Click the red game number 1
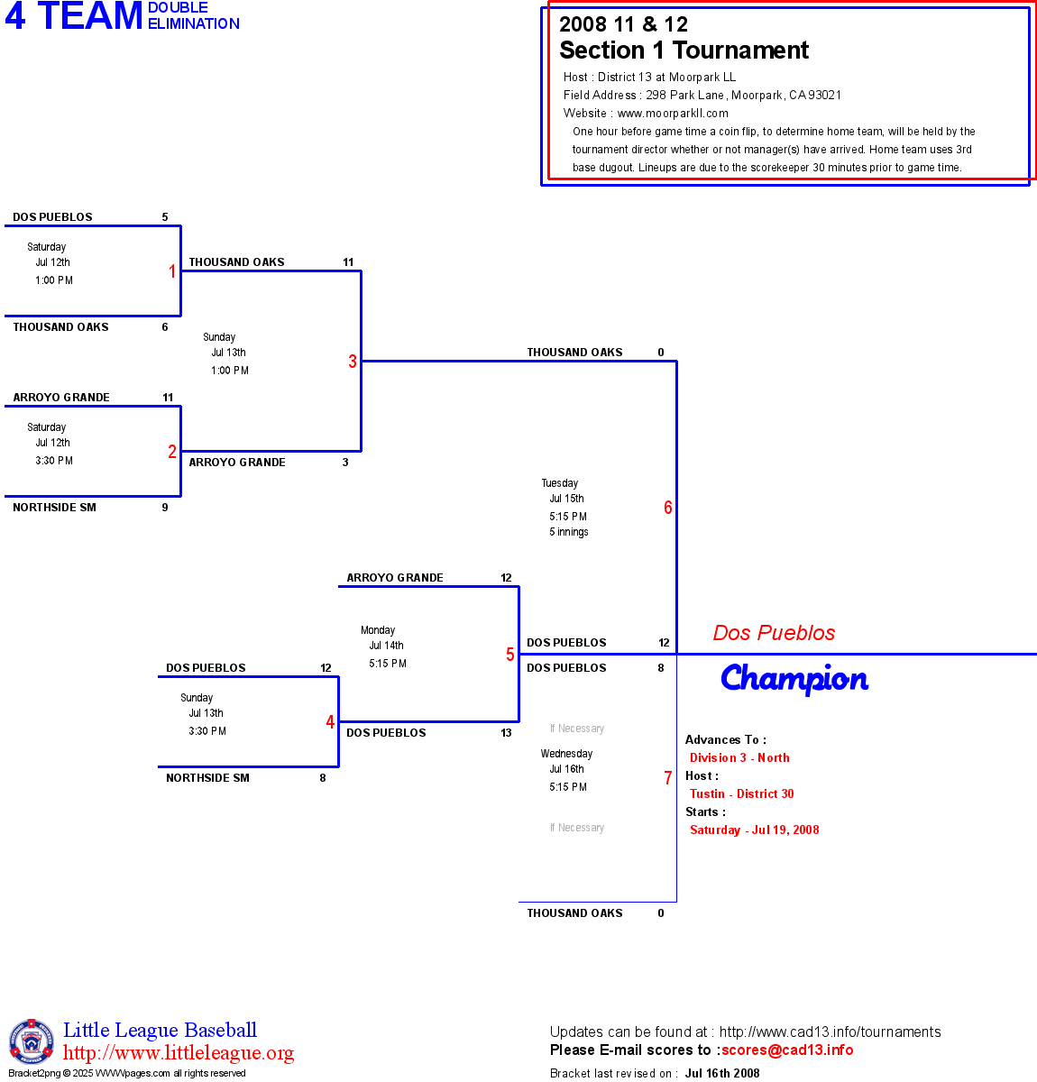coord(172,271)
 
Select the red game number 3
coord(353,362)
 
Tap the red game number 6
coord(668,508)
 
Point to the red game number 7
coord(668,778)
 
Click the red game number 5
coord(510,655)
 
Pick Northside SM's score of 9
coord(165,508)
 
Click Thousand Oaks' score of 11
coord(348,262)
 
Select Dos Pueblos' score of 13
coord(506,733)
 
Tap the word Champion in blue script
coord(794,679)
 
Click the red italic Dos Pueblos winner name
coord(774,633)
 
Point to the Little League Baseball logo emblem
coord(32,1041)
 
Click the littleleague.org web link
coord(179,1053)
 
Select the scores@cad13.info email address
coord(787,1050)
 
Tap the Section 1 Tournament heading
coord(684,50)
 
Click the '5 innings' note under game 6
coord(569,532)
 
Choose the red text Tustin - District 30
coord(741,793)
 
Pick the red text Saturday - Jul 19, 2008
coord(754,830)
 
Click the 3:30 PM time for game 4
coord(207,731)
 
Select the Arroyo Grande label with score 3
coord(237,463)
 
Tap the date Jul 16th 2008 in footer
coord(722,1073)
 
